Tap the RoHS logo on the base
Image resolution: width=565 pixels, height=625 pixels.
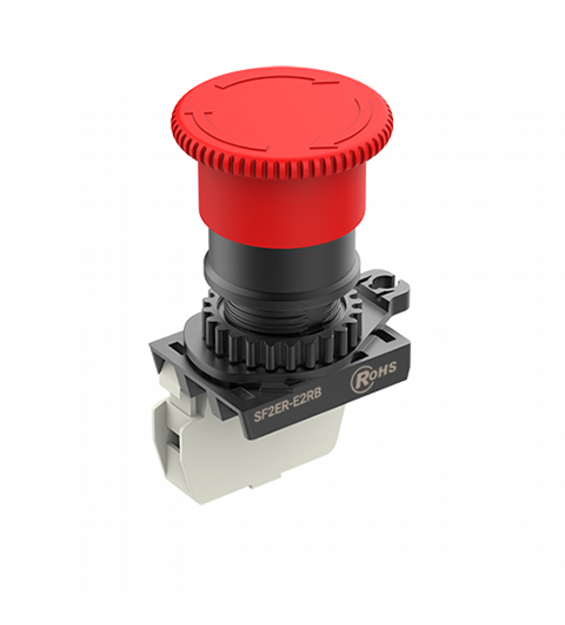372,374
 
